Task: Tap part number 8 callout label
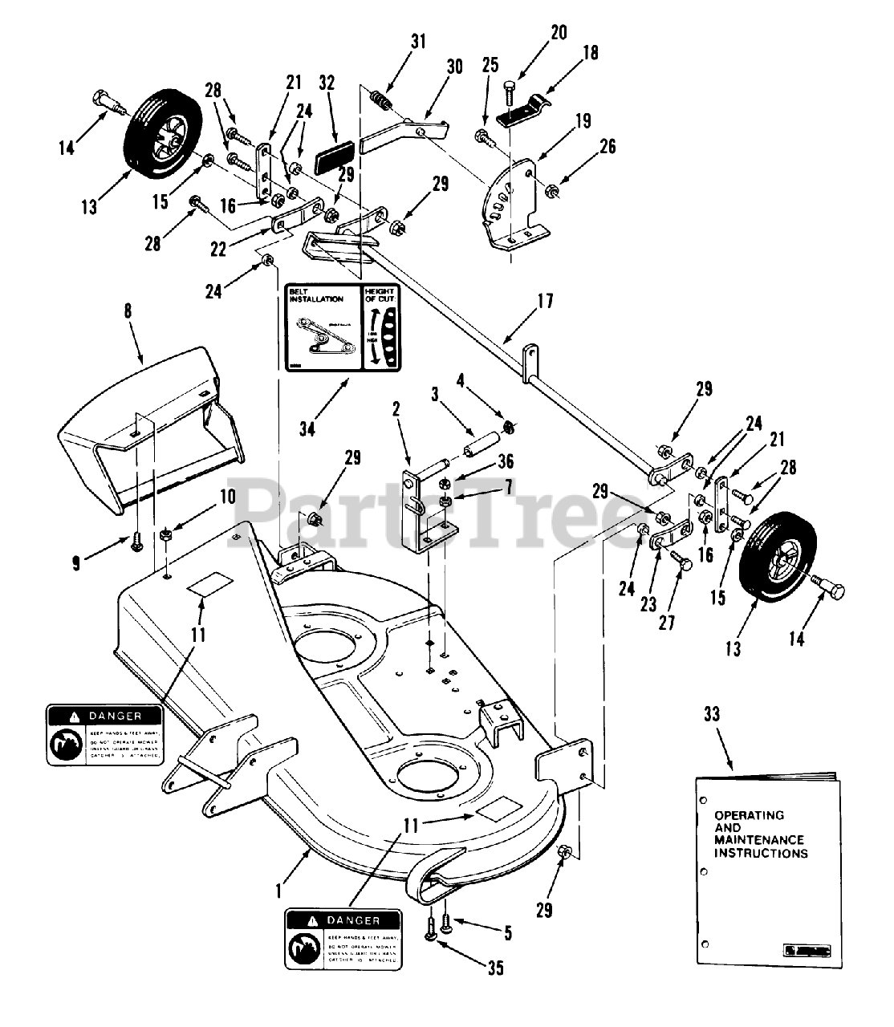(128, 328)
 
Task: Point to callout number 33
(711, 713)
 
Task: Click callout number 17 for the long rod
(545, 303)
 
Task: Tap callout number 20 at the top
(559, 32)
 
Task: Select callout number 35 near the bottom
(495, 968)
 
